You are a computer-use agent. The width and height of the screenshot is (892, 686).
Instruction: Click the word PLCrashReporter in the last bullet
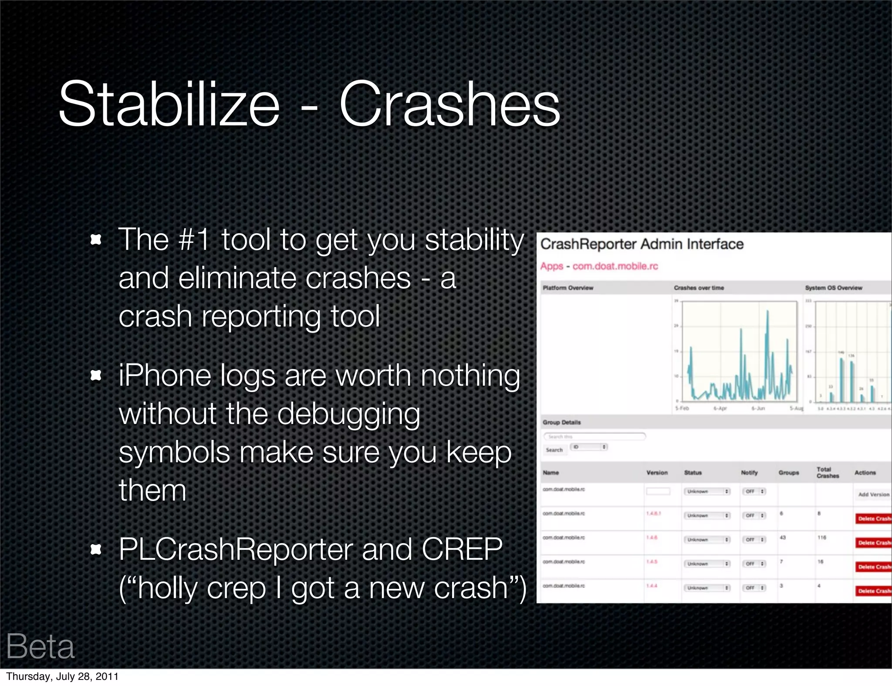point(235,549)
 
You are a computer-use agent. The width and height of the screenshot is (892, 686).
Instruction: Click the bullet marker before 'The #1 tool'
point(95,240)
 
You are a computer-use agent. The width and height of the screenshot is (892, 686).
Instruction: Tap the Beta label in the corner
point(40,646)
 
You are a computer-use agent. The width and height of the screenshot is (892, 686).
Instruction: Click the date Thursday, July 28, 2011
point(62,676)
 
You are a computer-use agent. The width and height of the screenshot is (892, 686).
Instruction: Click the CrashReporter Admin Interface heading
point(642,244)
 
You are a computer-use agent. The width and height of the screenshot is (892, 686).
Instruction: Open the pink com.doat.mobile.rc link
point(615,266)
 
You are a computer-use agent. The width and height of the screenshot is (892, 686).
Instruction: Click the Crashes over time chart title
point(699,288)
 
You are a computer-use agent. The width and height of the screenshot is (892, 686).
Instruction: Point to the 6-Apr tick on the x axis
point(720,408)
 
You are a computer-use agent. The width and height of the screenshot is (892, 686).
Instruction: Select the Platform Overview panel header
point(568,288)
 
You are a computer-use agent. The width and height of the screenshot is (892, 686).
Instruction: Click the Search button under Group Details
point(554,450)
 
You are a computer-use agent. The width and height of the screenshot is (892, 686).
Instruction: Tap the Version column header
point(657,473)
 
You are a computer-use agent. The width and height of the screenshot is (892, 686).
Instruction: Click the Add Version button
point(873,494)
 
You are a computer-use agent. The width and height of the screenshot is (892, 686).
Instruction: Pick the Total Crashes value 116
point(821,538)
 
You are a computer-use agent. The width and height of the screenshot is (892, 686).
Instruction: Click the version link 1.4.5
point(652,562)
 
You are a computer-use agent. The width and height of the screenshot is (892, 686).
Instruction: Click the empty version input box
point(658,491)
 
